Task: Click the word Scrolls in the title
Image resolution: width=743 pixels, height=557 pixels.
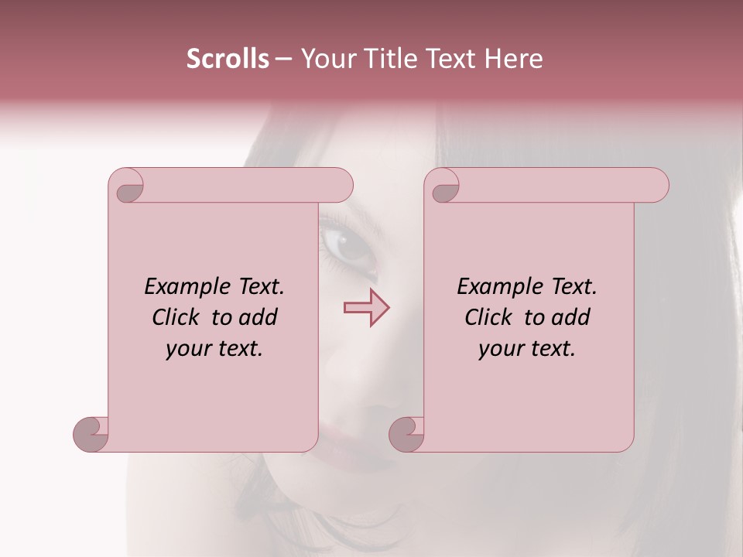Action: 228,59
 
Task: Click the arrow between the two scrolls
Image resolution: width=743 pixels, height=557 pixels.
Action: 366,308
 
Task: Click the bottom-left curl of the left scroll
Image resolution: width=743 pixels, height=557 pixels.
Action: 91,433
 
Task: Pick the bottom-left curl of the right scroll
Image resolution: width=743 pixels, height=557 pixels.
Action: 406,433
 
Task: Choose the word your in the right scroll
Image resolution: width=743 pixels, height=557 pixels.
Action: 499,349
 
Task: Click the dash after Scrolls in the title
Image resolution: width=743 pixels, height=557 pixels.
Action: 284,59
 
